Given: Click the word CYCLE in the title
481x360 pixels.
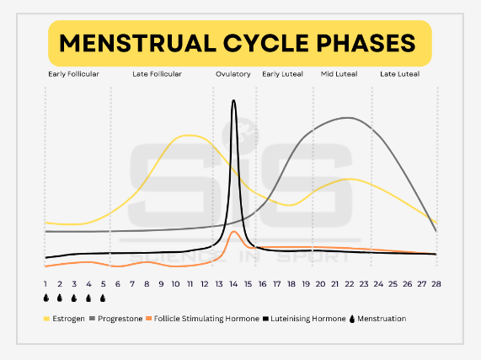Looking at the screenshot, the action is [265, 43].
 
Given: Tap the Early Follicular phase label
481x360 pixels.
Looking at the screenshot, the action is [73, 74].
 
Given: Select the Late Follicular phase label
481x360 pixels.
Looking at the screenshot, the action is [157, 74].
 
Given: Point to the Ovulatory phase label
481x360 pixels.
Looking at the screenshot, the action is [233, 74].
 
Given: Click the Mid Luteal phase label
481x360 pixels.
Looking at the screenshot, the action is [339, 74].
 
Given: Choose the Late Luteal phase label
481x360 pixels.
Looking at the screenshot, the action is [399, 74].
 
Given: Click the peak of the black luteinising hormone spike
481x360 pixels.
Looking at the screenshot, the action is [233, 100].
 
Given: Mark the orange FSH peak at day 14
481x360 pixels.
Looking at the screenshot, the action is [234, 231].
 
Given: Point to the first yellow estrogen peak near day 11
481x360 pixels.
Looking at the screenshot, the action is [190, 135].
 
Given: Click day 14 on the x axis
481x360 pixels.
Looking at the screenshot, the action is [233, 284].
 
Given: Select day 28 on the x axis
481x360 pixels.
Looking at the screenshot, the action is [436, 284].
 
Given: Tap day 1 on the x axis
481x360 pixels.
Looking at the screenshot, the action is [45, 284].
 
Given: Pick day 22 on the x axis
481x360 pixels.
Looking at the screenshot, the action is [349, 284].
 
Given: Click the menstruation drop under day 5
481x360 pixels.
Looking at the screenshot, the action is [103, 298].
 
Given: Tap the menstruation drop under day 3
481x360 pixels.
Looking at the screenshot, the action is [74, 298].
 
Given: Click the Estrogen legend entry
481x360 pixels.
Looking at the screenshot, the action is [64, 319].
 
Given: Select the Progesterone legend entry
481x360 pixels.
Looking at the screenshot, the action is [116, 319].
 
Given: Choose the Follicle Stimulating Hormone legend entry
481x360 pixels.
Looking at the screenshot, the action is [202, 319].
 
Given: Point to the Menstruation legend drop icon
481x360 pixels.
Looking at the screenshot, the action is [352, 319].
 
